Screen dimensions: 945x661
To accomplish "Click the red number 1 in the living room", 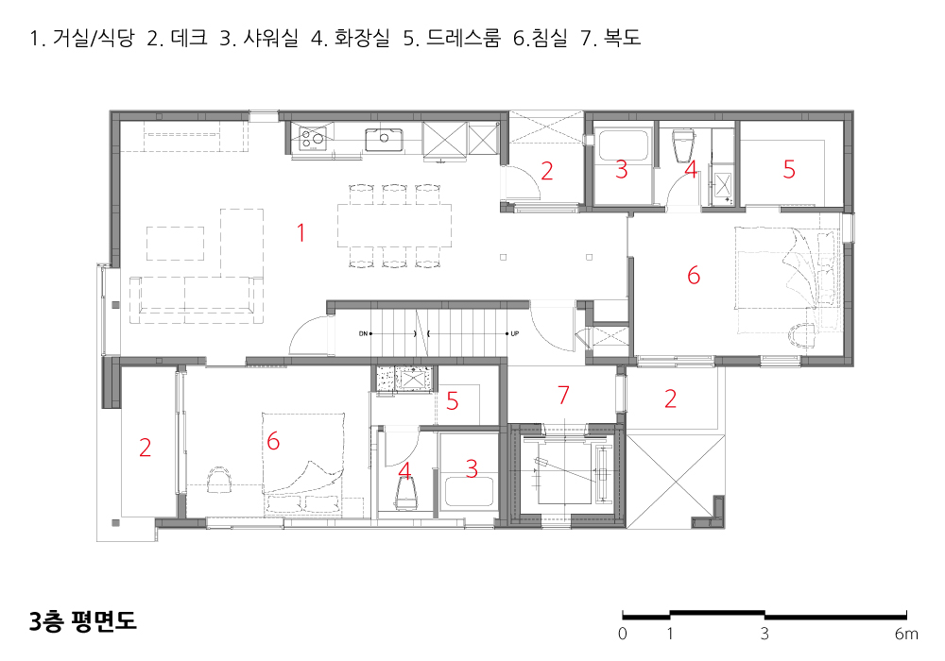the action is tap(301, 232).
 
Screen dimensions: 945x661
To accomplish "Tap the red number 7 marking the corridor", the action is tap(563, 395).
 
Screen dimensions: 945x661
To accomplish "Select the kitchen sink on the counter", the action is tap(384, 140).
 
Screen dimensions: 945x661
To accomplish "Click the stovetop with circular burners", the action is tap(312, 139).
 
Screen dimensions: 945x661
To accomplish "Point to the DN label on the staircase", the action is tap(363, 333).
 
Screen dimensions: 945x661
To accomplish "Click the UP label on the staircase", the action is tap(515, 333).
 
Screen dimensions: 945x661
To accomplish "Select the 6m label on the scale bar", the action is tap(906, 634).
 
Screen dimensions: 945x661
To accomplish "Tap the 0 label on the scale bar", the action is tap(623, 634).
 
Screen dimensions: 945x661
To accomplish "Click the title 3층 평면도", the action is tap(83, 621).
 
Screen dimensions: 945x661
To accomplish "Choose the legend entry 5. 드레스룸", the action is tap(452, 38).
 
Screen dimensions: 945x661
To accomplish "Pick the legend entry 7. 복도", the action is tap(610, 38).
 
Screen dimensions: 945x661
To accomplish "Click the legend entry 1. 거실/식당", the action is tap(82, 38).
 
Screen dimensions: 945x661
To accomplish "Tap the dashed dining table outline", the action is tap(395, 226).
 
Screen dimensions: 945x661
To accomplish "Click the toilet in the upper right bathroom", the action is tap(683, 144).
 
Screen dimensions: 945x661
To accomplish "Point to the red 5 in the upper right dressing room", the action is tap(789, 170).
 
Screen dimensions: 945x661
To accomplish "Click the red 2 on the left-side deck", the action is tap(145, 448).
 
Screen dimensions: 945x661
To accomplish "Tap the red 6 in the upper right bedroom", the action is tap(694, 276).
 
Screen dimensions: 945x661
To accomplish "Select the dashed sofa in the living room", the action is tap(196, 299).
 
